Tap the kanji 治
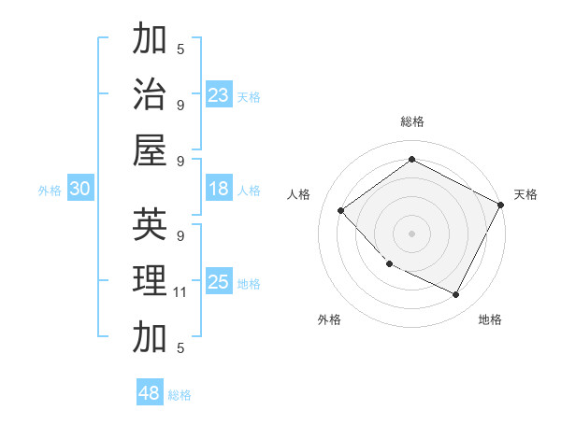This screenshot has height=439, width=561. tap(150, 94)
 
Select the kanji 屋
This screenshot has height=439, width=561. tap(150, 149)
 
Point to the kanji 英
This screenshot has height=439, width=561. tap(150, 225)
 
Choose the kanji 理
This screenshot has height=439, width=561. tap(150, 280)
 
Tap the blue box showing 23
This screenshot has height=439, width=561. tap(219, 94)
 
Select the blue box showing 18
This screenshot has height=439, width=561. tap(219, 189)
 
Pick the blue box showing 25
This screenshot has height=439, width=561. tap(219, 282)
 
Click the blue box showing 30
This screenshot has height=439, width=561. tap(79, 189)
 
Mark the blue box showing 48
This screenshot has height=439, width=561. tap(150, 393)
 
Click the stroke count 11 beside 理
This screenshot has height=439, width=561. tap(180, 292)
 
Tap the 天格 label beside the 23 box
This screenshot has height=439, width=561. tap(249, 96)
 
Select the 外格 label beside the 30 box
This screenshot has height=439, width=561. tap(50, 191)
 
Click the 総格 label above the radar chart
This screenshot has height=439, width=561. tap(412, 121)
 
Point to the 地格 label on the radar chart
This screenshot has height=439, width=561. tap(490, 320)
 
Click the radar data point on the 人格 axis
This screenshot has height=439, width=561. tap(341, 211)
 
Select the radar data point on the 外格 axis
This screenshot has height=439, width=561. tap(390, 263)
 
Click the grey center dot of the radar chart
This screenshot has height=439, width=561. tap(412, 233)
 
